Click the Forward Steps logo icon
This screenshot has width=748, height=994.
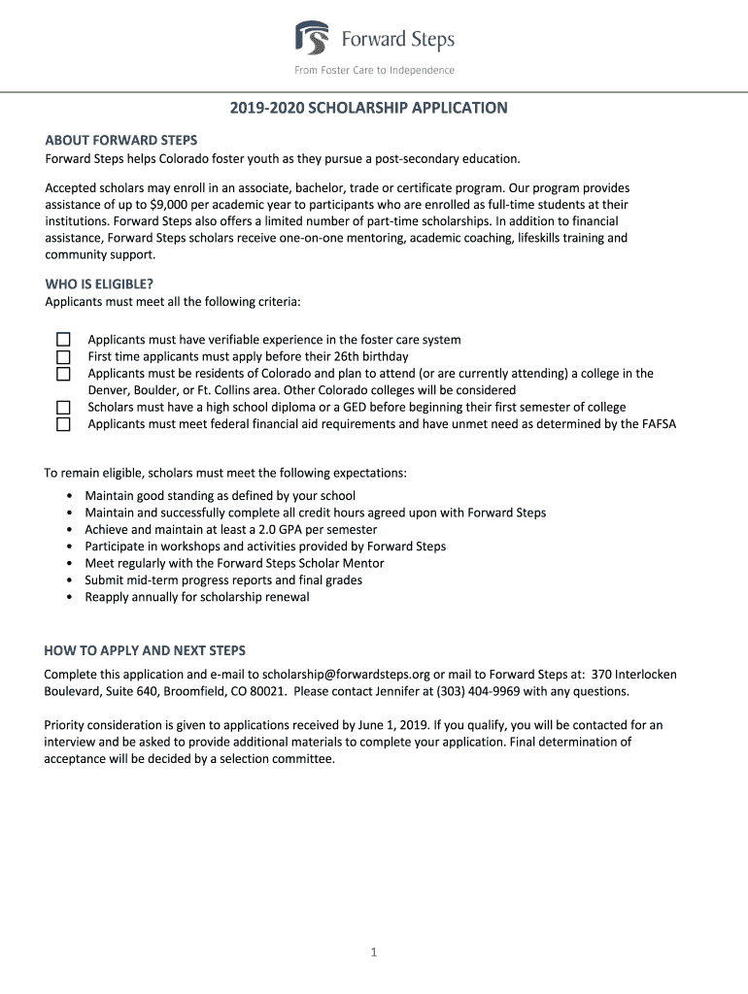point(312,40)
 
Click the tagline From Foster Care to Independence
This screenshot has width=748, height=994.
point(374,71)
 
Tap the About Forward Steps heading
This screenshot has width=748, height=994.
point(120,140)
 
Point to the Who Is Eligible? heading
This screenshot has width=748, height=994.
point(99,284)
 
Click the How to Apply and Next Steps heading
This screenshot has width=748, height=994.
point(145,650)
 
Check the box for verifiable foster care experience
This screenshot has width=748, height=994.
point(63,340)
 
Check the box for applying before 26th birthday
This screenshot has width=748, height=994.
point(63,356)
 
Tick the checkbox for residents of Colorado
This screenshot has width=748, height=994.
point(63,374)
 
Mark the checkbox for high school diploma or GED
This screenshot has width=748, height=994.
point(63,407)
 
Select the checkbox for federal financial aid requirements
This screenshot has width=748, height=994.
point(63,424)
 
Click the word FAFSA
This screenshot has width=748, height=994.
point(658,424)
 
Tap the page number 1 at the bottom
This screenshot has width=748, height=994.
point(373,953)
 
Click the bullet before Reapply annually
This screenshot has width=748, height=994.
point(69,598)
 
